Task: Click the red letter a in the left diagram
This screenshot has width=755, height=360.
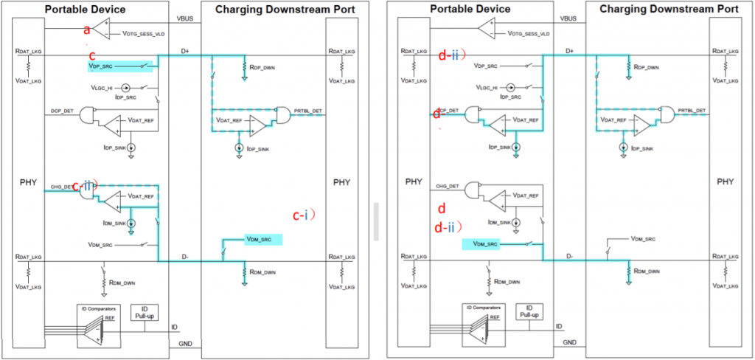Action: click(87, 30)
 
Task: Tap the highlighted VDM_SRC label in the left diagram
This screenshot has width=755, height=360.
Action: click(262, 239)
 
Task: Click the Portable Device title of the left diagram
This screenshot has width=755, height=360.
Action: click(86, 9)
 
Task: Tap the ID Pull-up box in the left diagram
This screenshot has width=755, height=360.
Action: click(145, 313)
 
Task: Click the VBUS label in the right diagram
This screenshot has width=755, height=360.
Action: click(568, 18)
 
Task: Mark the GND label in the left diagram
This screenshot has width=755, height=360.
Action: click(184, 344)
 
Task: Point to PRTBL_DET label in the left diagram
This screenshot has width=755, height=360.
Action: click(307, 111)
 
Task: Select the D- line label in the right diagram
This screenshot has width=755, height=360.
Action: click(569, 256)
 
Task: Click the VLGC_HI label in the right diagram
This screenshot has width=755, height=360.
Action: click(494, 86)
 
